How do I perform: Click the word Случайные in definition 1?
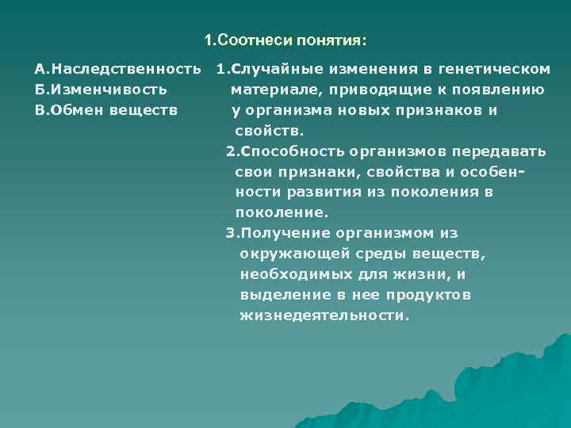pyautogui.click(x=268, y=69)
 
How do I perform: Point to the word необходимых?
pyautogui.click(x=289, y=274)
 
